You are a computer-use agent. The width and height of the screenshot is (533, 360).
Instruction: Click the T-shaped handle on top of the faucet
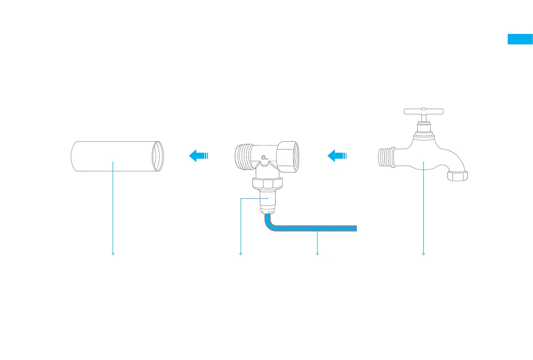pyautogui.click(x=423, y=111)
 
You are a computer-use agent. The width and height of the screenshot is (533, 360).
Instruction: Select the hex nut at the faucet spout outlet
pyautogui.click(x=458, y=175)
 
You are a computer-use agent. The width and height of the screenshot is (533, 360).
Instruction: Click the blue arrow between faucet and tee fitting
pyautogui.click(x=337, y=155)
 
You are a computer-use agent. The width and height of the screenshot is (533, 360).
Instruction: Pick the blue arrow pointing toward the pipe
pyautogui.click(x=198, y=155)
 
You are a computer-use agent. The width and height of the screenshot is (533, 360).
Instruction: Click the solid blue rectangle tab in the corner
pyautogui.click(x=520, y=39)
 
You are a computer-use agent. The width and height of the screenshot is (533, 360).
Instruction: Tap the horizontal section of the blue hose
pyautogui.click(x=318, y=229)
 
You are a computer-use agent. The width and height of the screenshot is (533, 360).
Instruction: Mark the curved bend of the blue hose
pyautogui.click(x=269, y=226)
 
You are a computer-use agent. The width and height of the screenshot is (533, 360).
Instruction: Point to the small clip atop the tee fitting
pyautogui.click(x=263, y=158)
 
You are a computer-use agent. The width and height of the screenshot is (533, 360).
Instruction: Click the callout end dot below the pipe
pyautogui.click(x=113, y=253)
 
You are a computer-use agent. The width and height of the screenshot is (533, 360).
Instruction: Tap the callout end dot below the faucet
pyautogui.click(x=423, y=253)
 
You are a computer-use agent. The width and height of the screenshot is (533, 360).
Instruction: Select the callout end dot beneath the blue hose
pyautogui.click(x=318, y=253)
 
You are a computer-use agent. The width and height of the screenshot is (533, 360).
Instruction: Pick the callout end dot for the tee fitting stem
pyautogui.click(x=241, y=253)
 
